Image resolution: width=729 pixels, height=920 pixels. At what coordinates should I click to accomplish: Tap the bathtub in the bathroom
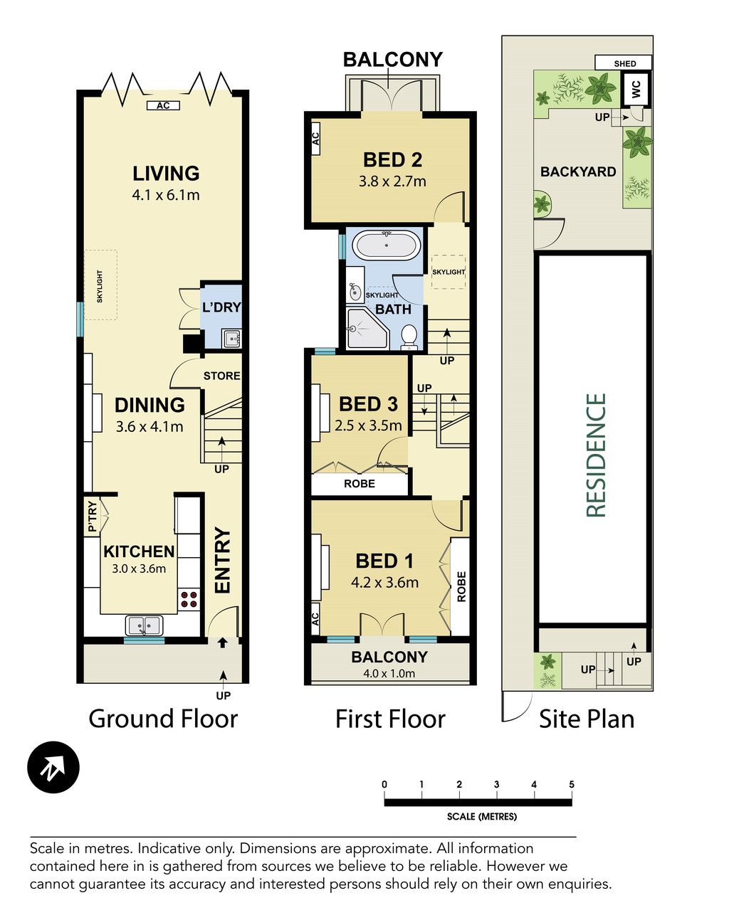coord(387,245)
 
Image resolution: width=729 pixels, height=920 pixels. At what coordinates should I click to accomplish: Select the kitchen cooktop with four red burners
coord(189,599)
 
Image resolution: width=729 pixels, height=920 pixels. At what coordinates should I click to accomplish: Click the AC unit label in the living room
coord(163,105)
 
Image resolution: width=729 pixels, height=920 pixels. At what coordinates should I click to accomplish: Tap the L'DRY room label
coord(221,307)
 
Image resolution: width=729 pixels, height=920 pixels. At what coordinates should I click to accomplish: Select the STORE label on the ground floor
coord(221,376)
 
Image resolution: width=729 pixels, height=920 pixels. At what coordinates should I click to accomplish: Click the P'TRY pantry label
coord(92,516)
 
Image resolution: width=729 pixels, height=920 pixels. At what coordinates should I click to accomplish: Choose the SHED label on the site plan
coord(624,64)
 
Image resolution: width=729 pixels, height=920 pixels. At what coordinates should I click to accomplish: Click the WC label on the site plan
coord(636,89)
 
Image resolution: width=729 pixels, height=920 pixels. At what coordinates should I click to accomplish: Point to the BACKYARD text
coord(578,171)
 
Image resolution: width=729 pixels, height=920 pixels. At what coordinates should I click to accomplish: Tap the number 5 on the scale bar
coord(571,784)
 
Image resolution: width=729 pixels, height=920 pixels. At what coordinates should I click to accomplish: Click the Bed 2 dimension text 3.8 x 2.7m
coord(392,181)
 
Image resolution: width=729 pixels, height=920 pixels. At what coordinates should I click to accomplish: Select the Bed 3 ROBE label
coord(360,484)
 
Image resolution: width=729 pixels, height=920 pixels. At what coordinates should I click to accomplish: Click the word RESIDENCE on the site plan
coord(596,455)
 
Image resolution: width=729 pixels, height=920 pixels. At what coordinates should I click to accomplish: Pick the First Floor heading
coord(390,719)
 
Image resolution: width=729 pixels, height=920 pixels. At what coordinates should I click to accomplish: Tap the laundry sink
coord(231,339)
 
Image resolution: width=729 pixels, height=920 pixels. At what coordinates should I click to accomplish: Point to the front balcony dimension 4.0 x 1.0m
coord(389,673)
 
